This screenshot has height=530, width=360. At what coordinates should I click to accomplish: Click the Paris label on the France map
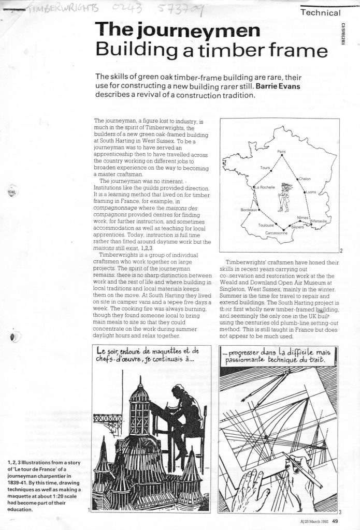[282, 151]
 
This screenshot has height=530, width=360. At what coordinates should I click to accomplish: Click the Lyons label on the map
[311, 192]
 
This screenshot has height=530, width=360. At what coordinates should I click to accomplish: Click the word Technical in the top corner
[321, 12]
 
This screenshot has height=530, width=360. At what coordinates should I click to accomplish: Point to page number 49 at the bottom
[335, 522]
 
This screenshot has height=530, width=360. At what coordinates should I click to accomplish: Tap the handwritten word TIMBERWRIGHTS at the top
[65, 7]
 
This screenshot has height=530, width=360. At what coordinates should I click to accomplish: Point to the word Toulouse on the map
[266, 226]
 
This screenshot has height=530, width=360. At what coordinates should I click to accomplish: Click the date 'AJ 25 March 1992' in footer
[307, 522]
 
